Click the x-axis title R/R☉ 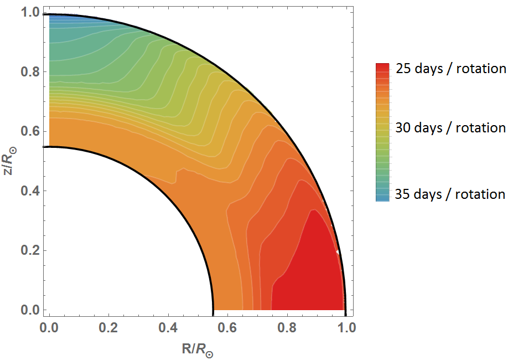[x=198, y=349]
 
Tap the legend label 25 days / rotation [x=451, y=69]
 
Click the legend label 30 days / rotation [x=450, y=128]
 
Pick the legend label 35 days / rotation [x=450, y=194]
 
